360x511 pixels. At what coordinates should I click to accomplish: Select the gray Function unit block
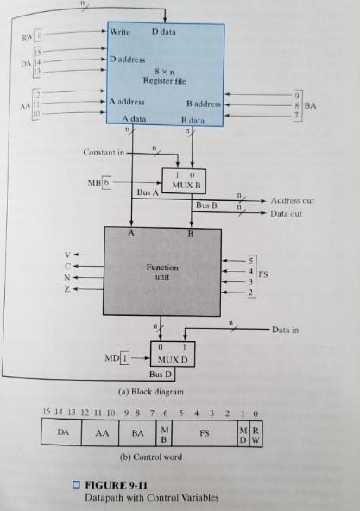click(162, 271)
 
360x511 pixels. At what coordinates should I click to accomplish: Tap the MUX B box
click(184, 182)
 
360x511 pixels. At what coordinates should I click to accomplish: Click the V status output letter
click(62, 255)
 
